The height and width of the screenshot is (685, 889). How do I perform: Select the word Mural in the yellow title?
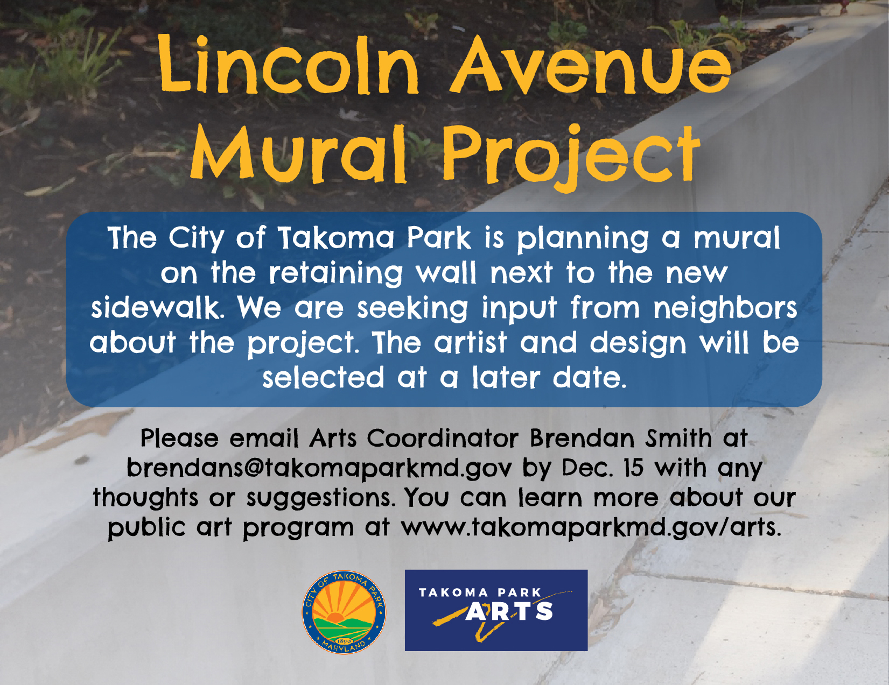tap(299, 154)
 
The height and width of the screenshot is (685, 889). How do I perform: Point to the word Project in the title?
tap(571, 158)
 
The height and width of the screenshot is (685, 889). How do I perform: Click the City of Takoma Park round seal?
tap(344, 612)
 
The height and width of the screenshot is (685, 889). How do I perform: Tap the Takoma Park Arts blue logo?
tap(496, 610)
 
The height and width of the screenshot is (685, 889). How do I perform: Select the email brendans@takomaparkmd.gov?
tap(319, 468)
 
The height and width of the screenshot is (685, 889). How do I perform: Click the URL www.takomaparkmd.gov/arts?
tap(591, 527)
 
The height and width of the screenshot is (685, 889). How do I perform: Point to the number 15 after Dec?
tap(633, 468)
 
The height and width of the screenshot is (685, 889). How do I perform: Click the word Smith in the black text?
tap(678, 438)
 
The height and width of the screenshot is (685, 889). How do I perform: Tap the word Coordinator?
tap(442, 438)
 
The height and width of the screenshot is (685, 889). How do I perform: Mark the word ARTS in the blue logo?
tap(509, 611)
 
